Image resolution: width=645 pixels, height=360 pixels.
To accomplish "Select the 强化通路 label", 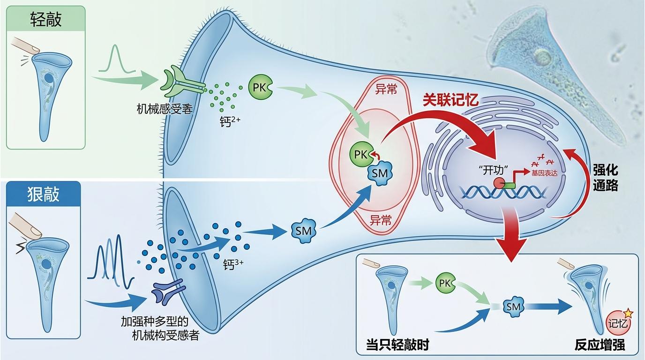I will click(605, 177).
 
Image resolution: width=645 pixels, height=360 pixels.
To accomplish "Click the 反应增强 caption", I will click(600, 345).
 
